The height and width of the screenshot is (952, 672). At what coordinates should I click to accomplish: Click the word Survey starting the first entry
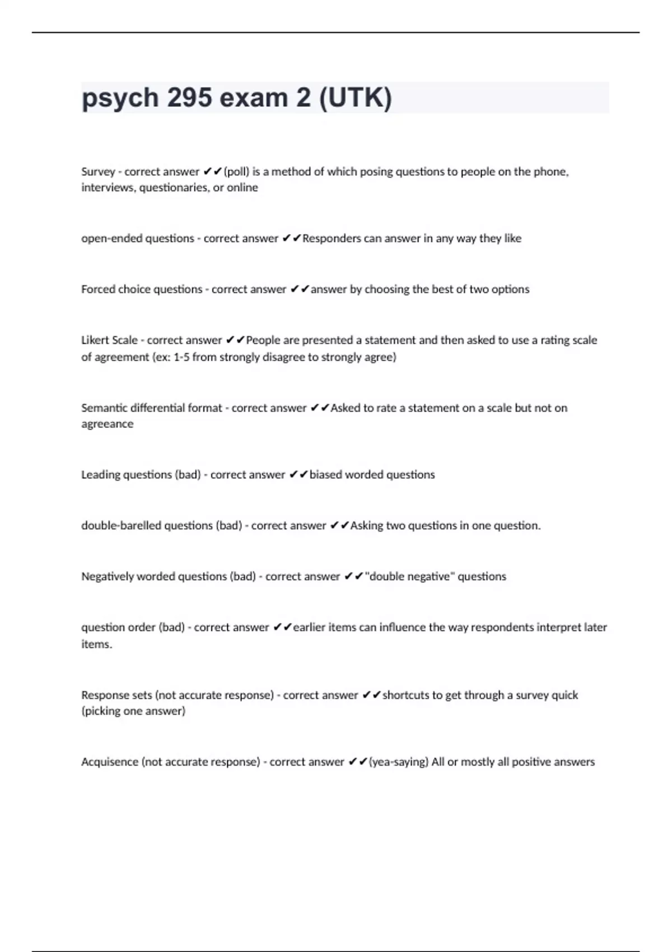[x=98, y=171]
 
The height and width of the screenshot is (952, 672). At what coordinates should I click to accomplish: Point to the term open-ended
[x=112, y=238]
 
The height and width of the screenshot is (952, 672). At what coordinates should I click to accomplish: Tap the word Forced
[x=97, y=289]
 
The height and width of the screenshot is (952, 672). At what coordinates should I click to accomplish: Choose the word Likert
[x=95, y=340]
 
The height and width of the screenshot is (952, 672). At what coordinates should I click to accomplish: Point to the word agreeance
[x=108, y=424]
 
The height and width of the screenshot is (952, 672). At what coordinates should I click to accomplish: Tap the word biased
[x=325, y=474]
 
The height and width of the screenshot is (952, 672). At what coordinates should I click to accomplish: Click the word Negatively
[x=108, y=576]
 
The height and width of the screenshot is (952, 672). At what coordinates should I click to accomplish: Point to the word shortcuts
[x=406, y=695]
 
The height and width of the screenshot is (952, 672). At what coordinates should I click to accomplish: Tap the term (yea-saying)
[x=399, y=762]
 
